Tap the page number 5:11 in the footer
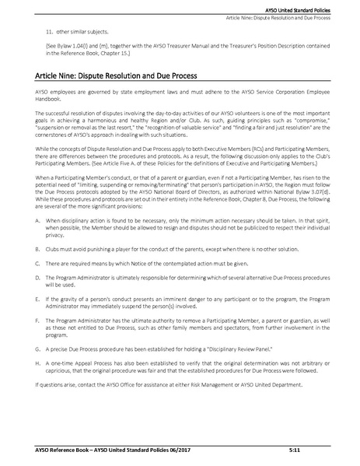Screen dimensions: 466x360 [317, 450]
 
